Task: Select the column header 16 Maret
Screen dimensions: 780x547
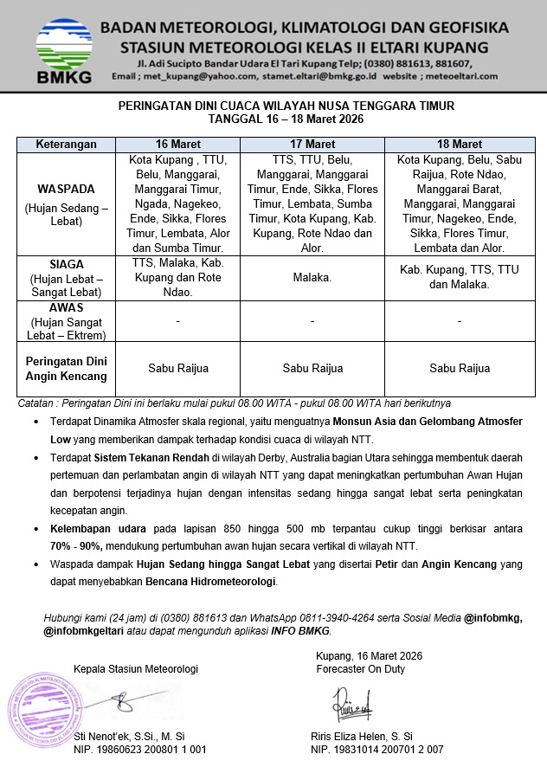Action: coord(178,144)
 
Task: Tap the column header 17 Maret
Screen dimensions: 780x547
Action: coord(312,144)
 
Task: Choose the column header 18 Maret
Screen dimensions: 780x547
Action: coord(460,144)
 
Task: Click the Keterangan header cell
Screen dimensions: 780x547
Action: coord(66,144)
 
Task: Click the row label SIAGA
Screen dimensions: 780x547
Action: coord(66,263)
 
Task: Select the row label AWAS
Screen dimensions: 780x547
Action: coord(66,307)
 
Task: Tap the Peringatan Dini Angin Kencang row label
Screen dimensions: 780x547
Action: coord(66,369)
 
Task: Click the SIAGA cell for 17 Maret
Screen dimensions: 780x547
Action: coord(312,278)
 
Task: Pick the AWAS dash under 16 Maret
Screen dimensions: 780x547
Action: coord(178,321)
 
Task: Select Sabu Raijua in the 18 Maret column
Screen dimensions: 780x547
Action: coord(460,369)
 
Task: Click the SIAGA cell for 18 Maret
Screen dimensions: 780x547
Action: coord(460,277)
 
